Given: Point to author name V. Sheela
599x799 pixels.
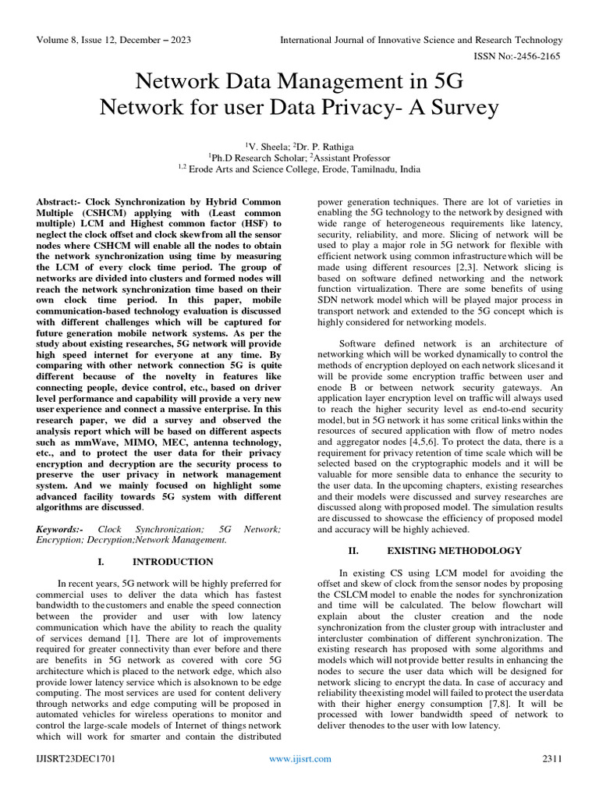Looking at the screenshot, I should click(x=270, y=145).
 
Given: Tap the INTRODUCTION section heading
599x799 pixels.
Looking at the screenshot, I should click(x=172, y=562).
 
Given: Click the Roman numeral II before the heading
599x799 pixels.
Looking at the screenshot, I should click(x=353, y=551).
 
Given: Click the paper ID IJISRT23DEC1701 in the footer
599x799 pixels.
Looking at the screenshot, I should click(x=79, y=758).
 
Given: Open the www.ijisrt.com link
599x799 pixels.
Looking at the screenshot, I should click(x=299, y=758).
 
